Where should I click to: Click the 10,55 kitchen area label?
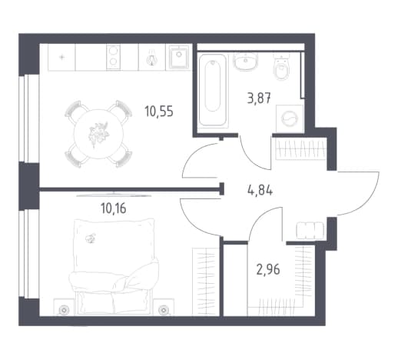click(159, 112)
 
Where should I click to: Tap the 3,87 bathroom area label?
click(259, 98)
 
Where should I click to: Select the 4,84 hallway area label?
click(260, 190)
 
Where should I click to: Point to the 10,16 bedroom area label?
click(114, 208)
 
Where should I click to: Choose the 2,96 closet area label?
click(268, 269)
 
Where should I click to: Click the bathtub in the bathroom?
click(213, 90)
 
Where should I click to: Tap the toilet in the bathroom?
click(281, 67)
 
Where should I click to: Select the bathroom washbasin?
click(245, 62)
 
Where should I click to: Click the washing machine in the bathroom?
click(290, 118)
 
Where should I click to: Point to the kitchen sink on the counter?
click(179, 57)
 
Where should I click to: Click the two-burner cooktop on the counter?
click(113, 57)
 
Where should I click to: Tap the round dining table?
click(98, 134)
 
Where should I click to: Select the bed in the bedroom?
click(114, 267)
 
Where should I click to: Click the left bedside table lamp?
click(64, 311)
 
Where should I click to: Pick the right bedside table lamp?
click(163, 311)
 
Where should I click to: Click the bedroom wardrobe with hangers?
click(205, 282)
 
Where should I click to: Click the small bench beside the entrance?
click(310, 231)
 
